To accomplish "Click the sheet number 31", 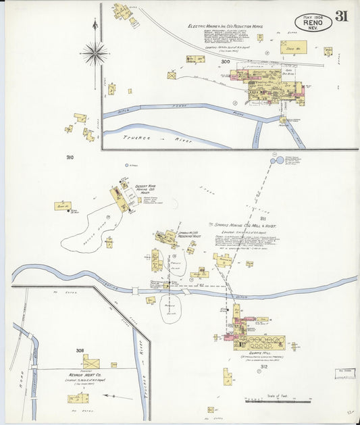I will pos(342,16).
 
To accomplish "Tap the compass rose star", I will pos(95,52).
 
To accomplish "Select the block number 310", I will pos(69,157).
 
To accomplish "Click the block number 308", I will pos(80,351).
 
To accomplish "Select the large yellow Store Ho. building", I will pos(293,47).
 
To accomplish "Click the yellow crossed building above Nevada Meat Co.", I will pos(91,362).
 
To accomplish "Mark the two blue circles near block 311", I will pos(276,161).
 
